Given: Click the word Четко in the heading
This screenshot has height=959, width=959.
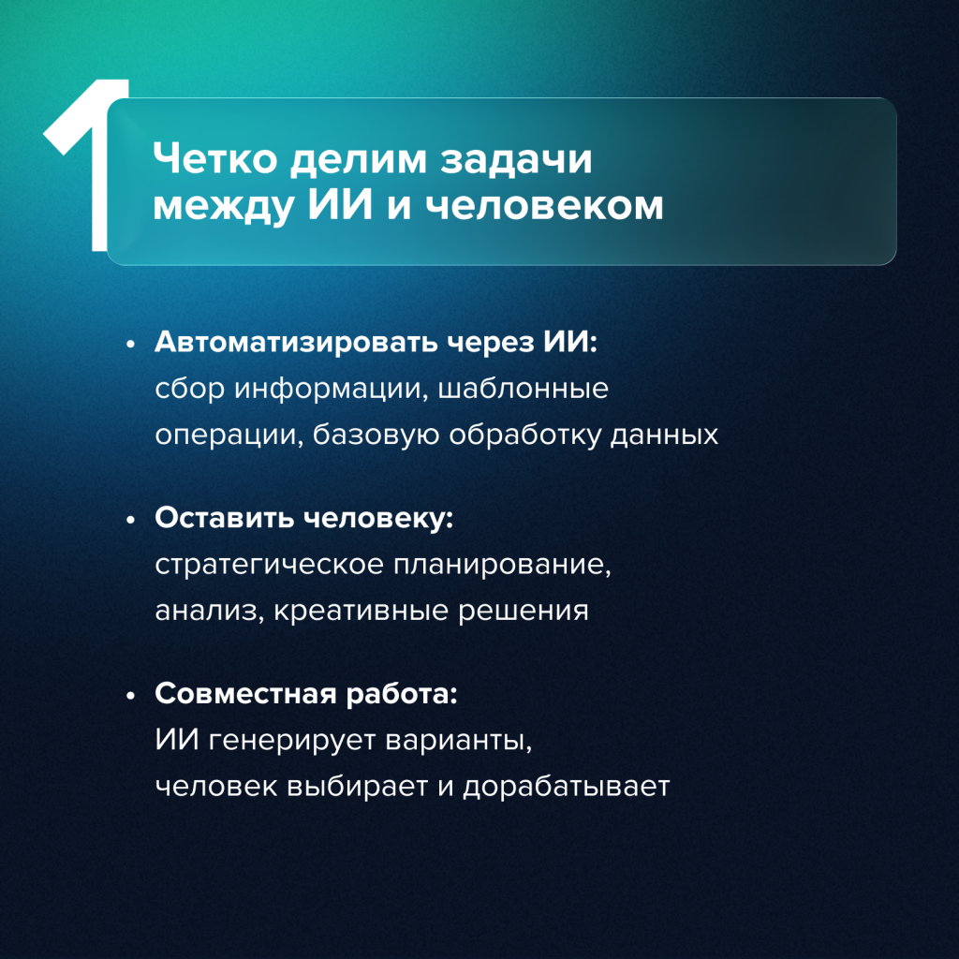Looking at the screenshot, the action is tap(214, 159).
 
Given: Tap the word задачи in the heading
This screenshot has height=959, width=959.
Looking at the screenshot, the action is tap(516, 160).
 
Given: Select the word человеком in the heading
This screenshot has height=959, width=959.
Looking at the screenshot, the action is tap(544, 205).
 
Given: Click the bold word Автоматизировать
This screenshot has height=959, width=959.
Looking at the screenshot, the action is tap(296, 342).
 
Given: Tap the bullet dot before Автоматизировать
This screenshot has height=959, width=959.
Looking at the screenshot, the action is tap(130, 345).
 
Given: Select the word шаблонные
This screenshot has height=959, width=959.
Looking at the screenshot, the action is tap(524, 389).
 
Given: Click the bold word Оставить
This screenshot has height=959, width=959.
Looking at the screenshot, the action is tap(225, 517).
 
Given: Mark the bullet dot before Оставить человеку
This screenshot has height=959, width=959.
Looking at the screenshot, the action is tap(130, 521).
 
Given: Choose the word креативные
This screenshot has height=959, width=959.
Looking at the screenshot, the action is tap(361, 611).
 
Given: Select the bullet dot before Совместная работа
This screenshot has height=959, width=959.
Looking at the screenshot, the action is tap(130, 696).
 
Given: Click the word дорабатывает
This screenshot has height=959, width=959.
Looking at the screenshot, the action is tap(567, 787).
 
